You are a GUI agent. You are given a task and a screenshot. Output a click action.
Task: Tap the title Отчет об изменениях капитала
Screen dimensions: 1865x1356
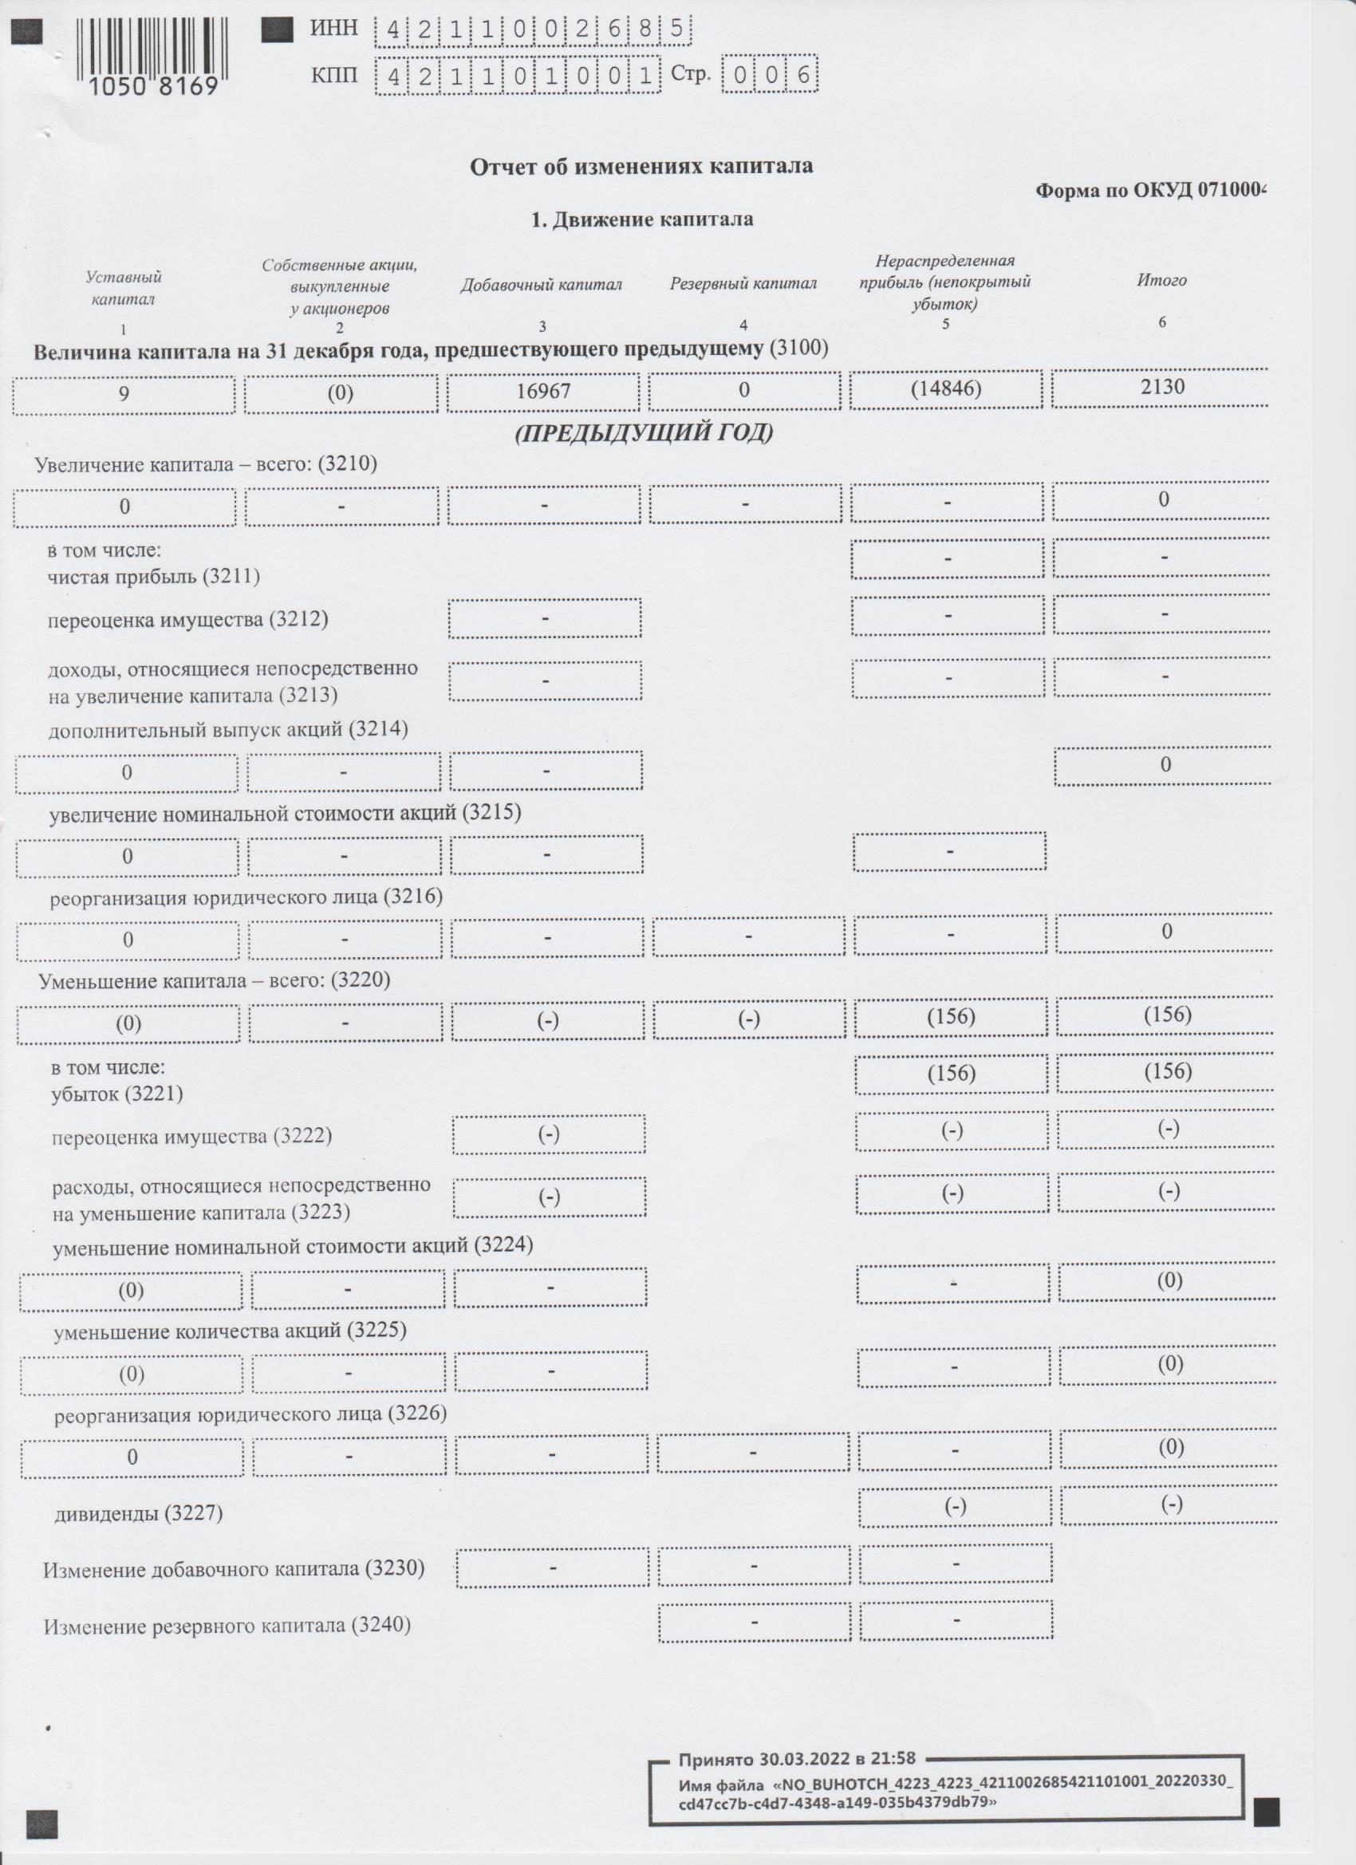pyautogui.click(x=641, y=166)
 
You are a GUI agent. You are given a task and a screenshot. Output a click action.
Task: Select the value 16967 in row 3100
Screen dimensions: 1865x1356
pyautogui.click(x=542, y=391)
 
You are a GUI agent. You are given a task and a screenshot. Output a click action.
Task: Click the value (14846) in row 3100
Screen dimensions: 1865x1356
pyautogui.click(x=946, y=388)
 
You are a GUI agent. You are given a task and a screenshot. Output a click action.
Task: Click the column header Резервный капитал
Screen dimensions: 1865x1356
pyautogui.click(x=743, y=284)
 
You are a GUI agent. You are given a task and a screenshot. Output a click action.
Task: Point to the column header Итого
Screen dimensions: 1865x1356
pyautogui.click(x=1161, y=281)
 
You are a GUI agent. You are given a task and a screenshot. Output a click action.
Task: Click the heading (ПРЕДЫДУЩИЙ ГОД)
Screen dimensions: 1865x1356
pyautogui.click(x=644, y=433)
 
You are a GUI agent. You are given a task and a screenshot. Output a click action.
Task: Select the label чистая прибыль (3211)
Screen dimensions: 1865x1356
pyautogui.click(x=153, y=576)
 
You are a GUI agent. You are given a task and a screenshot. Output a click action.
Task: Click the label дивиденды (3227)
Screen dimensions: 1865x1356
pyautogui.click(x=139, y=1513)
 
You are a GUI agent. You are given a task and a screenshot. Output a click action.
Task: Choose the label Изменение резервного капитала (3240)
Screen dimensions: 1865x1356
pyautogui.click(x=227, y=1626)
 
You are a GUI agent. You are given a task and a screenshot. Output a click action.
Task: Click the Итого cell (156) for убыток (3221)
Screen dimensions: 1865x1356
pyautogui.click(x=1167, y=1071)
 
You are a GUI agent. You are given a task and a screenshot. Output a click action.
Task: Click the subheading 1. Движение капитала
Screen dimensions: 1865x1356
pyautogui.click(x=641, y=219)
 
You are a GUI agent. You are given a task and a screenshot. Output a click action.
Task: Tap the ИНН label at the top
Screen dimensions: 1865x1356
pyautogui.click(x=334, y=28)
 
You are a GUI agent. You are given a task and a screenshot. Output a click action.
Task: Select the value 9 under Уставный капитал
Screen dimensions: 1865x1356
pyautogui.click(x=124, y=393)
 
